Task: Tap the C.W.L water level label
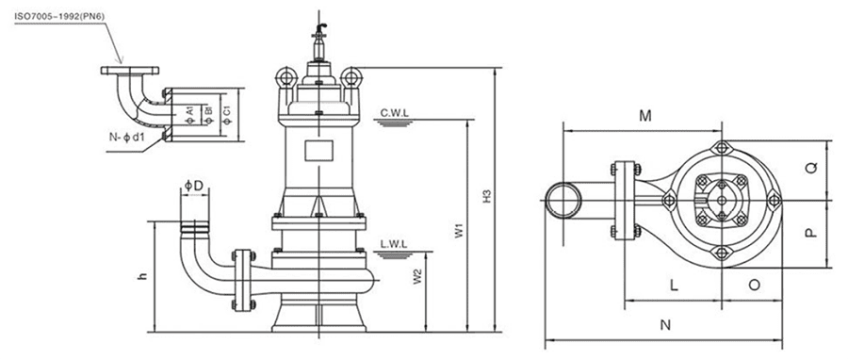tap(394, 113)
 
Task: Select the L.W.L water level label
tap(394, 245)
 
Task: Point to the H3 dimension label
tap(487, 196)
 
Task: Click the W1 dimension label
tap(459, 231)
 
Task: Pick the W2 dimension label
tap(417, 276)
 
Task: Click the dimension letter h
tap(142, 275)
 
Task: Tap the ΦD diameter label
tap(193, 186)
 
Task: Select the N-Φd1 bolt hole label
tap(126, 138)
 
